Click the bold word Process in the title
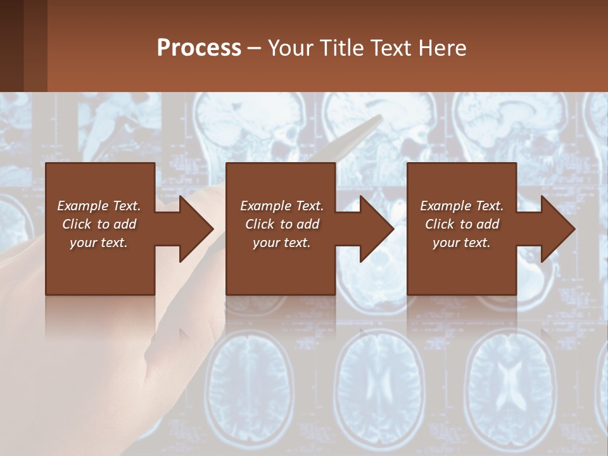199,48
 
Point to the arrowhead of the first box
196,229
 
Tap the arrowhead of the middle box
376,229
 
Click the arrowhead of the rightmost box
557,229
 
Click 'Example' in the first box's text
82,206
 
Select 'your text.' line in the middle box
281,243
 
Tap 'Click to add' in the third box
462,224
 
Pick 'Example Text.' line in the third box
462,206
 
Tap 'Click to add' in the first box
99,224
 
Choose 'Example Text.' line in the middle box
281,206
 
